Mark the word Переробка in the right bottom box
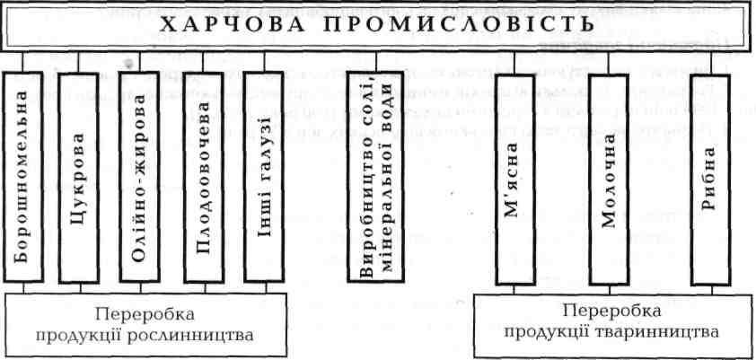[x=611, y=310]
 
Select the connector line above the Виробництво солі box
[x=374, y=61]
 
